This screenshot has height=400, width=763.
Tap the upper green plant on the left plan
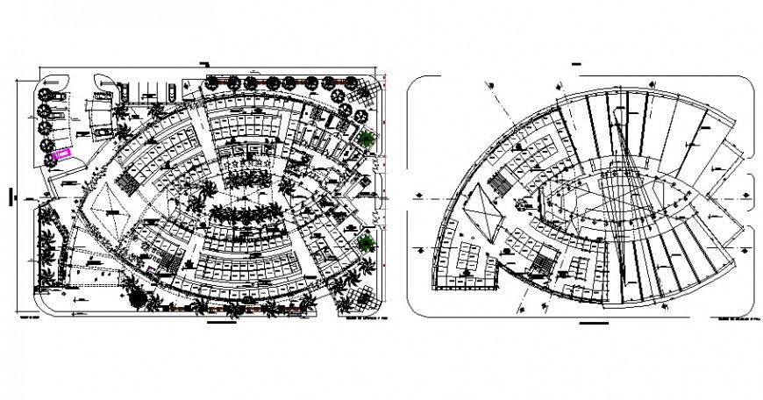coord(366,138)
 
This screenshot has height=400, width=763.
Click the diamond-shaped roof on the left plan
coord(111,204)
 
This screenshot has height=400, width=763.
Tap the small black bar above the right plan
coord(578,64)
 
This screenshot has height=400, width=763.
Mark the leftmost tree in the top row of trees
coord(212,83)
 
